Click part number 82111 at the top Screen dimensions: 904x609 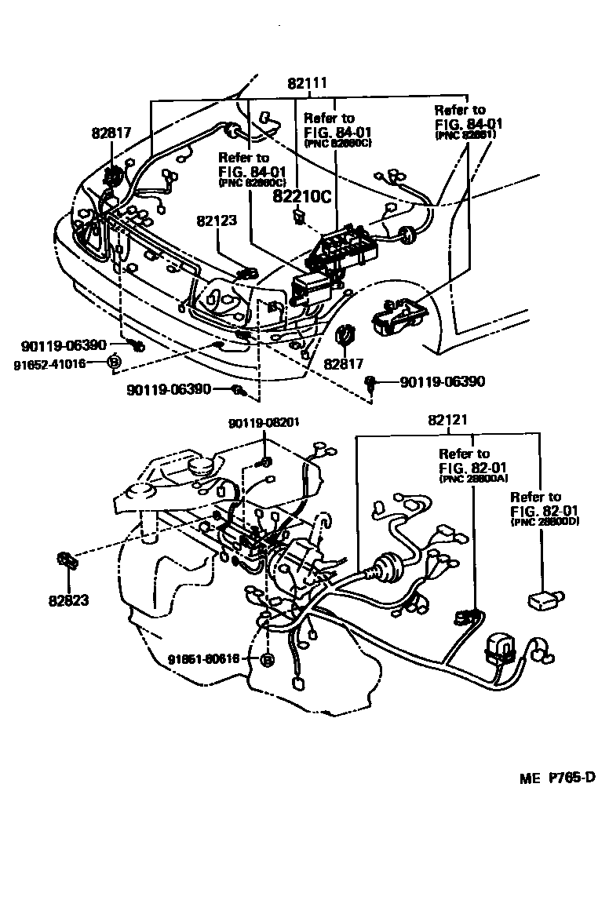[307, 82]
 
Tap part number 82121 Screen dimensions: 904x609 [448, 421]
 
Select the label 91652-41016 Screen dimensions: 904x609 [49, 363]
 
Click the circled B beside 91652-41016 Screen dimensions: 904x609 [113, 362]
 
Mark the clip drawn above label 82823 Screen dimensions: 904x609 [66, 562]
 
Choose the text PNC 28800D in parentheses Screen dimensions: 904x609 [545, 521]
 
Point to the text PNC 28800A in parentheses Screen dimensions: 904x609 [475, 478]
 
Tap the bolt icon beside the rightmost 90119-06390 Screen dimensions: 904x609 [371, 383]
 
